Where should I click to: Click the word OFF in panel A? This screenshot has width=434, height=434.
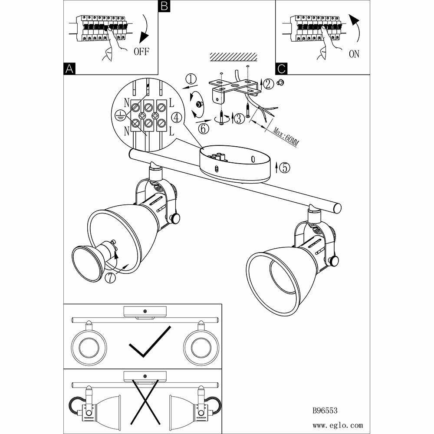coord(141,52)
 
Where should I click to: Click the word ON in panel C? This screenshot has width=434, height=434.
coord(354,55)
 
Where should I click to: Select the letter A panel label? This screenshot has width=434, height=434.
coord(69,69)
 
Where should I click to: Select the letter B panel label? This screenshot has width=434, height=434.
coord(164,6)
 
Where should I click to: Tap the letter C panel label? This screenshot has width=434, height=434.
coord(281,69)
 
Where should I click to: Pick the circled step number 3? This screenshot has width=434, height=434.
coord(240,118)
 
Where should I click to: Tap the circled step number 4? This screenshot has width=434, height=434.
coord(176,117)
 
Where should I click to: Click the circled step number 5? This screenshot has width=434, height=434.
coord(284,168)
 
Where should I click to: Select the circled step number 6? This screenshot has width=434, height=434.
coord(204,128)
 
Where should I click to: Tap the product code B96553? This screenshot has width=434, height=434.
coord(325,409)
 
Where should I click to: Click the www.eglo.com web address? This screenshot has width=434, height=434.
coord(337,426)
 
